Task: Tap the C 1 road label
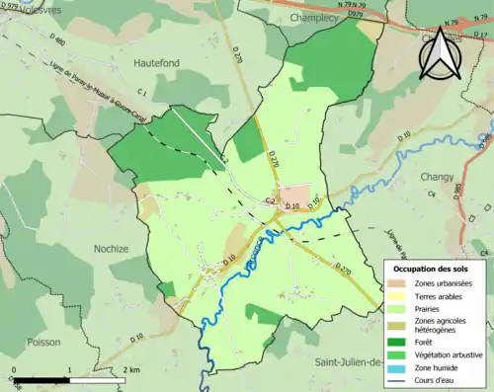[x=142, y=93]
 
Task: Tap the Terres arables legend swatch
[x=400, y=295]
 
